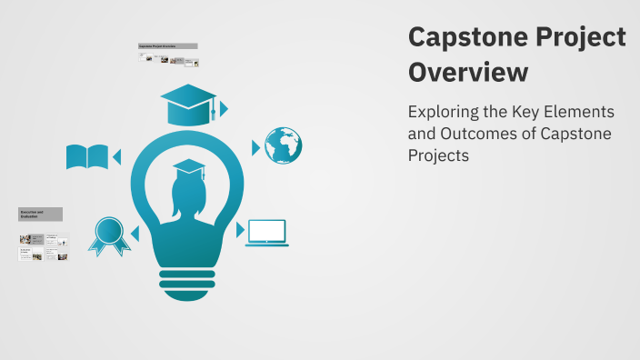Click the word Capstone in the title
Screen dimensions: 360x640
pyautogui.click(x=456, y=38)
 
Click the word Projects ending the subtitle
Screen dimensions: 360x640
pyautogui.click(x=438, y=155)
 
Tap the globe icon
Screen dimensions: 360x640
pyautogui.click(x=283, y=145)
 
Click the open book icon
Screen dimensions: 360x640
pyautogui.click(x=87, y=157)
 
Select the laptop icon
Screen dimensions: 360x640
pyautogui.click(x=266, y=233)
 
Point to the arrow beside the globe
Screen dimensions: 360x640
pyautogui.click(x=255, y=146)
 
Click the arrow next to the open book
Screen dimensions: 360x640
pyautogui.click(x=116, y=157)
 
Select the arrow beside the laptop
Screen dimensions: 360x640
pyautogui.click(x=240, y=230)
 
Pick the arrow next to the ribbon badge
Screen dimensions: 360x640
pyautogui.click(x=135, y=235)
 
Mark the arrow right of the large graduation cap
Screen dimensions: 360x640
pyautogui.click(x=224, y=109)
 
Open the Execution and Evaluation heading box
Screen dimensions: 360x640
pyautogui.click(x=40, y=215)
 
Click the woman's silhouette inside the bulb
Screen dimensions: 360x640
pyautogui.click(x=187, y=205)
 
